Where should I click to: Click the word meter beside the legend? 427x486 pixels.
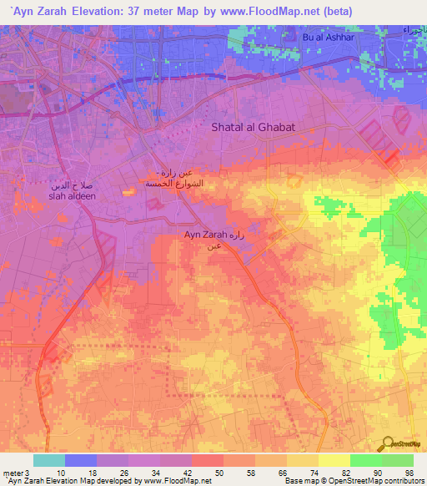click(12, 473)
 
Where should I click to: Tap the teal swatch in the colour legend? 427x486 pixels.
click(49, 460)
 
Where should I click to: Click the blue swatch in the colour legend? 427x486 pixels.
click(81, 460)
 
